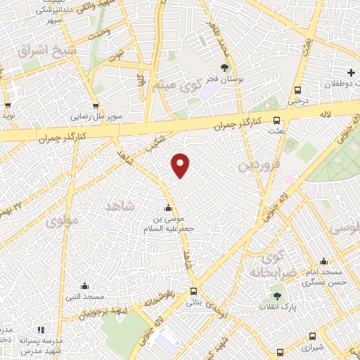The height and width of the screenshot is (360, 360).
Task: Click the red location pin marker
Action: (x=181, y=165)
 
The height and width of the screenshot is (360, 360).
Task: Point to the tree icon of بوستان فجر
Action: (x=224, y=69)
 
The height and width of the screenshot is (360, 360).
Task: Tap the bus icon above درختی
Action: (x=298, y=90)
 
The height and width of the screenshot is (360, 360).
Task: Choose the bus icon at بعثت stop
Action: (x=277, y=120)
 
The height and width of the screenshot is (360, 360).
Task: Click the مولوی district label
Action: (x=63, y=222)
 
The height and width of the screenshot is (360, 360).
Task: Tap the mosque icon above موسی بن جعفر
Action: (x=167, y=208)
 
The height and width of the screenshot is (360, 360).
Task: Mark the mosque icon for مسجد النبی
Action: (x=84, y=285)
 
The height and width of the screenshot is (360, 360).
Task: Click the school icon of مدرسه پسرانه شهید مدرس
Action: (x=41, y=329)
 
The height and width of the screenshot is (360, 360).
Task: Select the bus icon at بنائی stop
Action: (x=194, y=290)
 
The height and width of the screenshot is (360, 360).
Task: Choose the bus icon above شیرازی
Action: (x=281, y=352)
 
